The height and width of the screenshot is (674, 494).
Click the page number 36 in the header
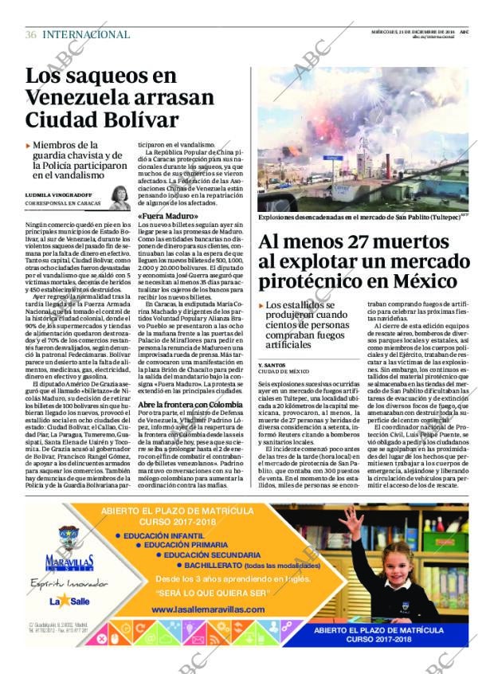(31, 34)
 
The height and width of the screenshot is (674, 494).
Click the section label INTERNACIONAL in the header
(86, 34)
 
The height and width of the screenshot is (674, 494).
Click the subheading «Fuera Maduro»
(164, 216)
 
